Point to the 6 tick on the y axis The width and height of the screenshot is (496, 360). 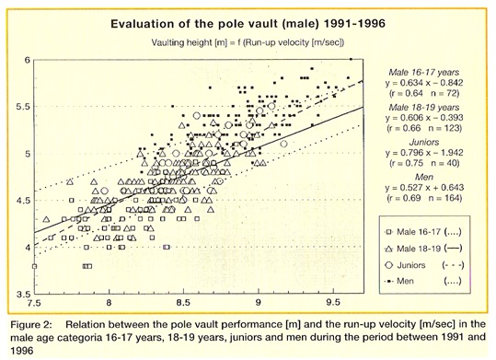27,60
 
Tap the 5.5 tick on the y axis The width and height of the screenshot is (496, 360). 23,107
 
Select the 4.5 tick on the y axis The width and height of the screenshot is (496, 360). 23,201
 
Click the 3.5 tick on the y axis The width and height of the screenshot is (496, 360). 23,294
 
